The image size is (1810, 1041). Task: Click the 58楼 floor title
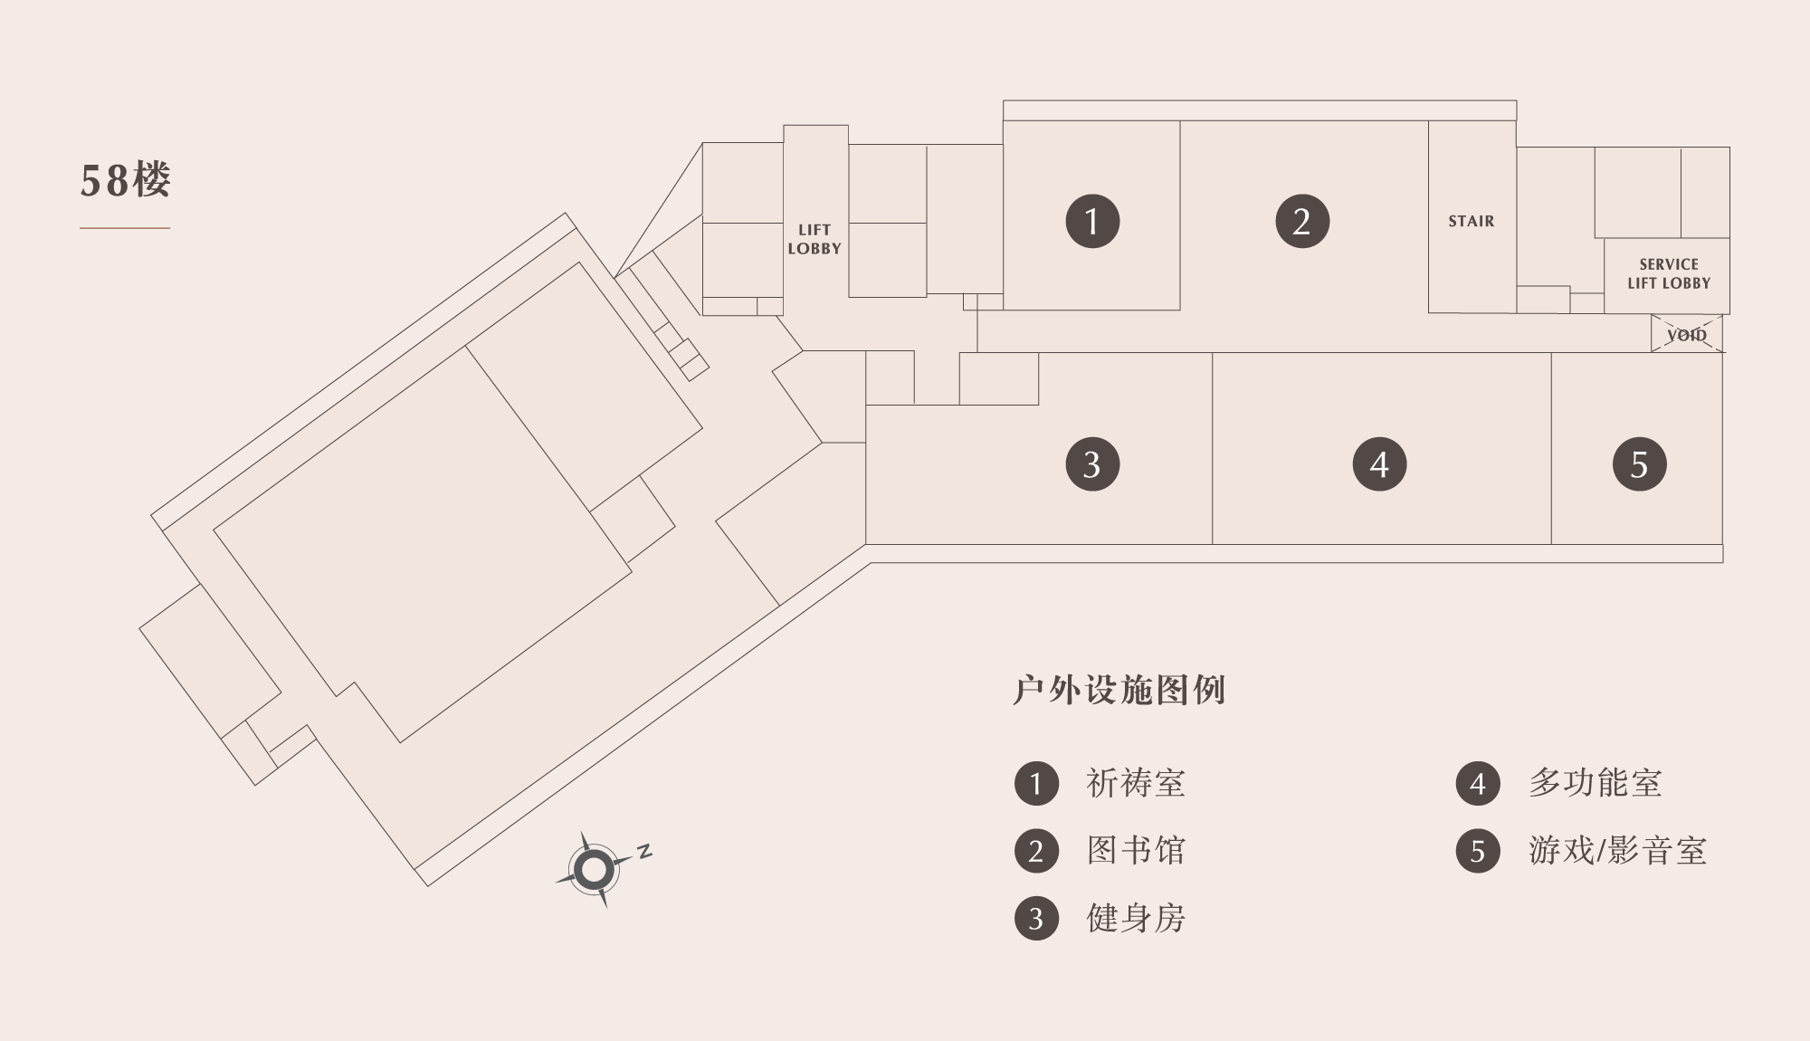point(125,180)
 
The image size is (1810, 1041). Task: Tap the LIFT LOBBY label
point(814,239)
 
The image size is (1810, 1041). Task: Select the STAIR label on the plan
point(1472,221)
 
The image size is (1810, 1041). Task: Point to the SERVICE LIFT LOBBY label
point(1669,273)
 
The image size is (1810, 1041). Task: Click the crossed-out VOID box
point(1687,334)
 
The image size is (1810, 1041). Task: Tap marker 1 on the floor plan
point(1092,221)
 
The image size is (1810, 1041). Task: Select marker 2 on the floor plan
point(1302,221)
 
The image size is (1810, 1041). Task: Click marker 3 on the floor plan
point(1092,464)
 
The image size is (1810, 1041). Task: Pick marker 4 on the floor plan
point(1379,464)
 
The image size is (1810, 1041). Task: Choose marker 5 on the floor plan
point(1640,464)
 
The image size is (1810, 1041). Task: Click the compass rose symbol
point(594,870)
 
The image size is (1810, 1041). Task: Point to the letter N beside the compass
point(644,851)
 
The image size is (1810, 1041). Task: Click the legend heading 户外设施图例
point(1119,690)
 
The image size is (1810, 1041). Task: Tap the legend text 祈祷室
point(1136,783)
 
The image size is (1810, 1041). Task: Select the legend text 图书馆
point(1136,851)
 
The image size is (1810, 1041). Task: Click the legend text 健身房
point(1136,919)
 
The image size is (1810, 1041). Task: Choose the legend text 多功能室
point(1596,783)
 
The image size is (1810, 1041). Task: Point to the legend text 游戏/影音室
point(1617,851)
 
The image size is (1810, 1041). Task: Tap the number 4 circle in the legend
point(1478,784)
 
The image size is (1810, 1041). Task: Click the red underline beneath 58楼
point(125,228)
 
